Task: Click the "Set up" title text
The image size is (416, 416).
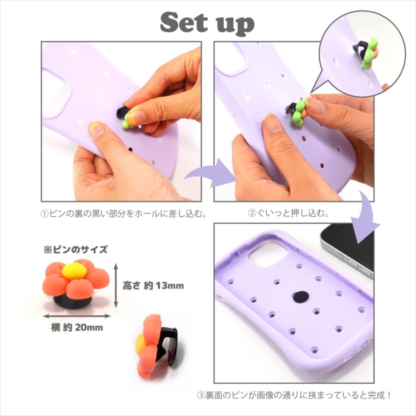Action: tap(208, 23)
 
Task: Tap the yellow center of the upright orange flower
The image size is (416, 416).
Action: tap(73, 271)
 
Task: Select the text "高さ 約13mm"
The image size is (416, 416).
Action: tap(153, 286)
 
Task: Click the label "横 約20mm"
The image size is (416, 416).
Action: tap(76, 328)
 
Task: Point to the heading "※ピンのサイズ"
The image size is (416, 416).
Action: tap(75, 250)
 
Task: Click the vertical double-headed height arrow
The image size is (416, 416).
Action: tap(116, 285)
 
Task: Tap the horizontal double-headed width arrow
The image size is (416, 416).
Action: tap(77, 317)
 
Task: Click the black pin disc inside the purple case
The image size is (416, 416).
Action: tap(301, 296)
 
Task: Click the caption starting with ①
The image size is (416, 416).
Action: tap(122, 214)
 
